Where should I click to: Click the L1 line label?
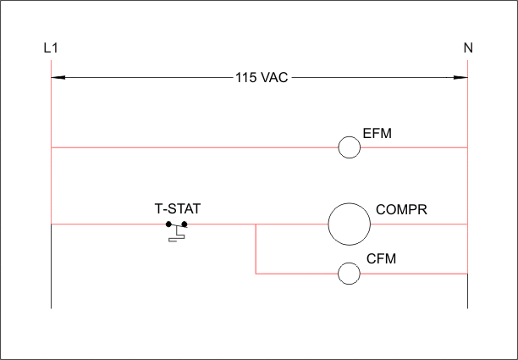(x=51, y=48)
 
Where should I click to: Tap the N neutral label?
(x=468, y=48)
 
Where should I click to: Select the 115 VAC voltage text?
(x=262, y=78)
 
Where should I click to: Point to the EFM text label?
(x=377, y=134)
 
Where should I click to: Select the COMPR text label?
(x=401, y=209)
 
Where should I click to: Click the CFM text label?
(x=381, y=259)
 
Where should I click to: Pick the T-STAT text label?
(x=178, y=209)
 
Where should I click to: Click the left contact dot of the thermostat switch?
(x=168, y=224)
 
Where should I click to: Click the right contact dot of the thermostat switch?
(x=185, y=224)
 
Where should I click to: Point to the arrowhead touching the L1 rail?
(x=58, y=78)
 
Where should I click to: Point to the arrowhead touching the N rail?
(x=460, y=78)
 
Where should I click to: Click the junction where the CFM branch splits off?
(x=256, y=224)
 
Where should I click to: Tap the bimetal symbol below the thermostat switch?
(x=177, y=236)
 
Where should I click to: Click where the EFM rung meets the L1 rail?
(x=51, y=147)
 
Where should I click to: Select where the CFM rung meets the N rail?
(x=467, y=274)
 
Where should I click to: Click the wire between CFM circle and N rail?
(x=414, y=274)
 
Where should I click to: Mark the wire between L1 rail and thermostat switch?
(x=108, y=224)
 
